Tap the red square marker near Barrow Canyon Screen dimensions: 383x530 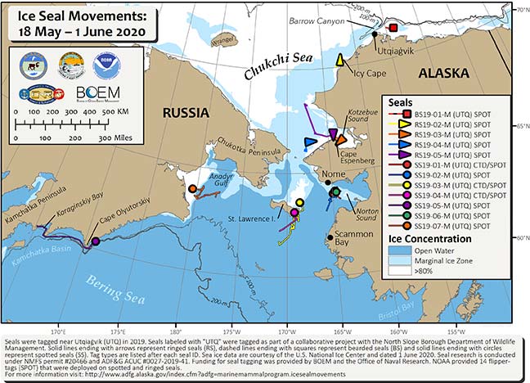pyautogui.click(x=393, y=28)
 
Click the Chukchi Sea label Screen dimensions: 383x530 pyautogui.click(x=272, y=69)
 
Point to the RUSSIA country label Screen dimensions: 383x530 pyautogui.click(x=186, y=112)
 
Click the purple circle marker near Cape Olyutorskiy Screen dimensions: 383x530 pyautogui.click(x=95, y=241)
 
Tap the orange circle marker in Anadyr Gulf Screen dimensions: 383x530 pyautogui.click(x=192, y=188)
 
